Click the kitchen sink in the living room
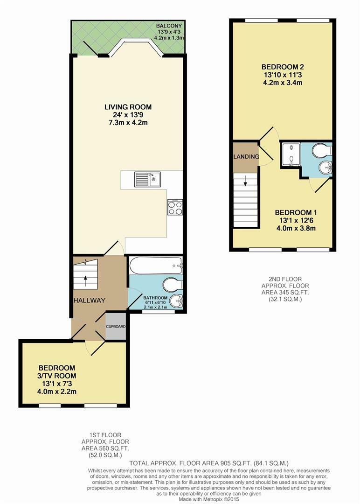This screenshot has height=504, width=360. click(147, 179)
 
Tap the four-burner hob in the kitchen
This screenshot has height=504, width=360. click(175, 208)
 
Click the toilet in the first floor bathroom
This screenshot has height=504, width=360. click(172, 284)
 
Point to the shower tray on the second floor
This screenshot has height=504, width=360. click(291, 154)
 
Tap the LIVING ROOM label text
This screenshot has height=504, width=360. click(128, 107)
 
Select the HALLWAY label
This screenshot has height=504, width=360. click(89, 300)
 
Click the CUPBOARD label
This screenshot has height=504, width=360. click(116, 326)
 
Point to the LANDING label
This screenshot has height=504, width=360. click(246, 156)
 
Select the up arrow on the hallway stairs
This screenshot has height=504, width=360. click(86, 281)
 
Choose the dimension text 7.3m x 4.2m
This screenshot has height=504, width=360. click(128, 123)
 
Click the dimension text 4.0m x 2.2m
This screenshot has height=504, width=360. click(57, 392)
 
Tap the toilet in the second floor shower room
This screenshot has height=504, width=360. click(321, 150)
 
